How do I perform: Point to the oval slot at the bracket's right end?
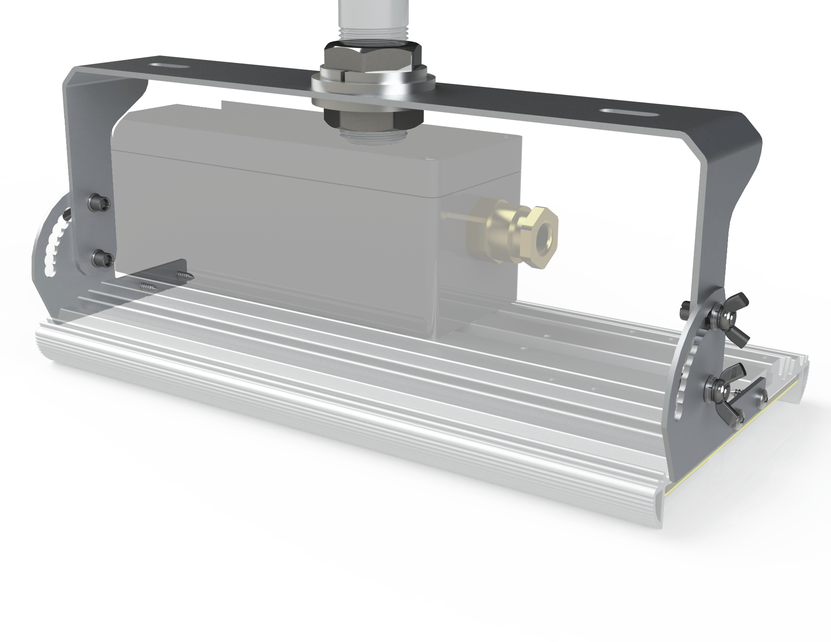(630, 112)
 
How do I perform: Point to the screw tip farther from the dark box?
(149, 287)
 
